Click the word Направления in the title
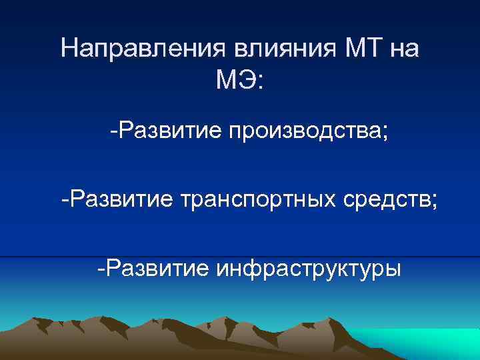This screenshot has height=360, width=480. tap(143, 50)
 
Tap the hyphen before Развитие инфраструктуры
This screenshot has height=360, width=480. tap(100, 270)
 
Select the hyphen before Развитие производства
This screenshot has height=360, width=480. tap(115, 131)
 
